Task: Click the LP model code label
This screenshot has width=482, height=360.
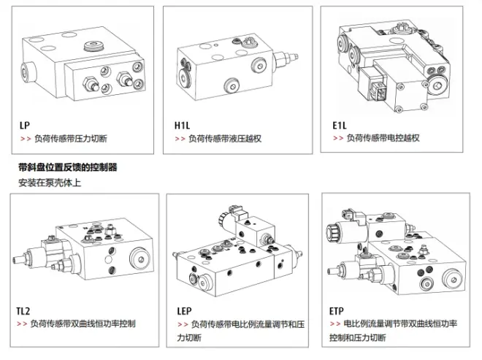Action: point(25,125)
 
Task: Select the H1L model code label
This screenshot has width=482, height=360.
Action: point(182,125)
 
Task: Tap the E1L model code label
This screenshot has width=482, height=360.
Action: point(339,125)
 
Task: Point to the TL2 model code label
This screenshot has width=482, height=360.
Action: point(23,310)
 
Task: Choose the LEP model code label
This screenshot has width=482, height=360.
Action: point(184,310)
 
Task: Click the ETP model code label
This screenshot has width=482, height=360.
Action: point(338,310)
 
